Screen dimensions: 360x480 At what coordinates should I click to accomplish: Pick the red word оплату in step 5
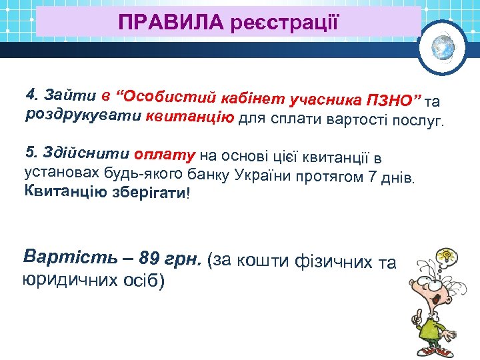(x=164, y=155)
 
